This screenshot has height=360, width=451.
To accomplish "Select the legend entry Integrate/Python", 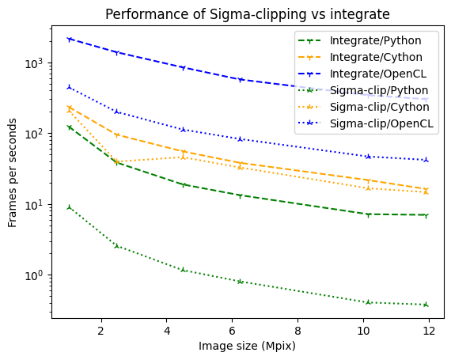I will click(x=375, y=40).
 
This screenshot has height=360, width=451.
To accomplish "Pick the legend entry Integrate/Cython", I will click(x=375, y=56).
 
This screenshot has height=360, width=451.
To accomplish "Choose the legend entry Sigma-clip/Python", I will click(x=377, y=90).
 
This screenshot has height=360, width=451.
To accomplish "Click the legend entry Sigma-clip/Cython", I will click(x=377, y=107).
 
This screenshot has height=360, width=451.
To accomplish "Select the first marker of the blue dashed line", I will click(x=70, y=39).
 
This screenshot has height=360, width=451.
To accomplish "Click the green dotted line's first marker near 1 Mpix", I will click(x=70, y=207).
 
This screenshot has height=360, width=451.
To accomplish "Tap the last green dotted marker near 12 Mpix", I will click(x=426, y=305).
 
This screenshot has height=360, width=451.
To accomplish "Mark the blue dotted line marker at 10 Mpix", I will click(x=368, y=157).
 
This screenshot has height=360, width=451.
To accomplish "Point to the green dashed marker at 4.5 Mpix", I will click(x=184, y=184).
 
